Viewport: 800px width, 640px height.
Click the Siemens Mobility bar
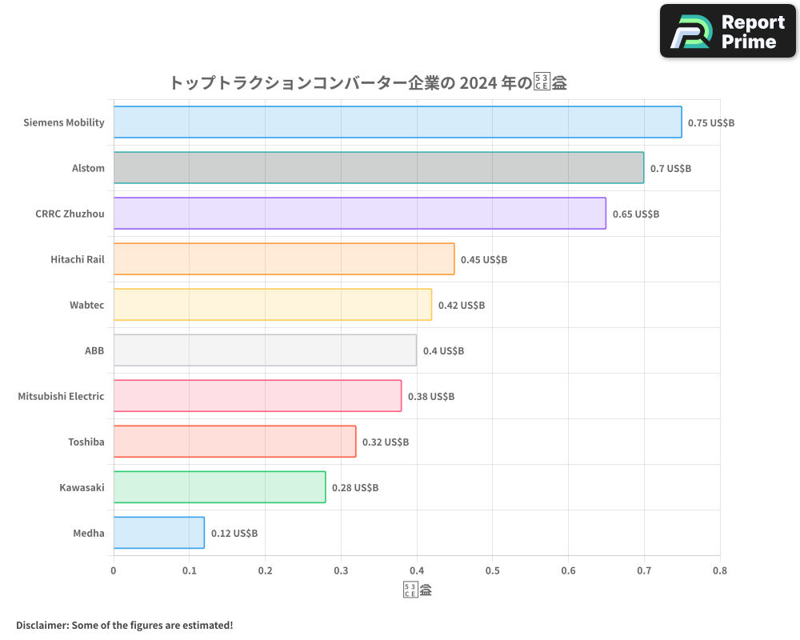coord(397,122)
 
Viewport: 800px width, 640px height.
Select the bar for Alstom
coord(378,168)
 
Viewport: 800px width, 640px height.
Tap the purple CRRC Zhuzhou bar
coord(359,214)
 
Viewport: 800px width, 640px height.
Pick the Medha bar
coord(158,533)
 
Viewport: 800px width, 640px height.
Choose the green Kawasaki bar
coord(219,487)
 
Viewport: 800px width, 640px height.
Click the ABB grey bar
coord(265,350)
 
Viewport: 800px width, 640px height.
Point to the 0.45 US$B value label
coord(484,260)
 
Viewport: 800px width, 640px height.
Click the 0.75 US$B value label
coord(711,123)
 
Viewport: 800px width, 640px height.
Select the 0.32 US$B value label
coord(386,442)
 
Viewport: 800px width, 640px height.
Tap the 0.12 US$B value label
coord(234,534)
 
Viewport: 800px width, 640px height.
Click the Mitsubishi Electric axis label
coord(61,396)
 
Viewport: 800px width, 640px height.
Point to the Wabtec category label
coord(86,305)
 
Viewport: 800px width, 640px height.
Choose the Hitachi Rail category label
coord(78,259)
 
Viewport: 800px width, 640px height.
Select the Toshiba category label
coord(86,442)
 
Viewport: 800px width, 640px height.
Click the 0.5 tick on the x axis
coord(492,571)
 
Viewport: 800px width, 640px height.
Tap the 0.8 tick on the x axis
coord(719,571)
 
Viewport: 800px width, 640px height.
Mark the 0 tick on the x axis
coord(114,571)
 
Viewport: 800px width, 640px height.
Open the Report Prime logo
coord(727,31)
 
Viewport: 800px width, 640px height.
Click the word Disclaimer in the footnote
coord(41,625)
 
